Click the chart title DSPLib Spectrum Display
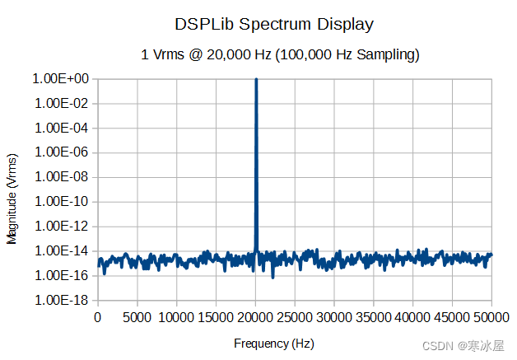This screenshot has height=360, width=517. coord(274,24)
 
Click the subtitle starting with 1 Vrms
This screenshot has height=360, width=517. coord(281,55)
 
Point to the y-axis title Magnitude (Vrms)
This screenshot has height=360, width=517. coord(12,198)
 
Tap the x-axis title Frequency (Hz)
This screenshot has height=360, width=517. coord(273,344)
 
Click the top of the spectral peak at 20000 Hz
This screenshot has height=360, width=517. coord(256,80)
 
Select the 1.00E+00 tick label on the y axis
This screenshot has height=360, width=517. coord(60,79)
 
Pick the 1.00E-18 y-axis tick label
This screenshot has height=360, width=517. coord(61,300)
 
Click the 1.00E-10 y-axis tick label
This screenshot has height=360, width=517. coord(61,202)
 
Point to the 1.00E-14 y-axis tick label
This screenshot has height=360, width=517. coord(61,250)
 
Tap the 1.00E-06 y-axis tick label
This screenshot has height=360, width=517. coord(61,152)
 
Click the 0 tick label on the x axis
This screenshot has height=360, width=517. coord(98,316)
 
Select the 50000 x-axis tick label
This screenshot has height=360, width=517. coord(491,316)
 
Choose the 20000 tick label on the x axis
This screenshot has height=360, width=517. coord(255,316)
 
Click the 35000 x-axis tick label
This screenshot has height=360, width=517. coord(374,316)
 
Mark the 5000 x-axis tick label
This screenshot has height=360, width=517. coord(137,316)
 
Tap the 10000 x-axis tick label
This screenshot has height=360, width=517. coord(176,316)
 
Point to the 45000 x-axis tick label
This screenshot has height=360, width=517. coord(452,316)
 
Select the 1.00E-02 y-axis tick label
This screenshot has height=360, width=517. coord(61,104)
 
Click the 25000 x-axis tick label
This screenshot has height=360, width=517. coord(295,316)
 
